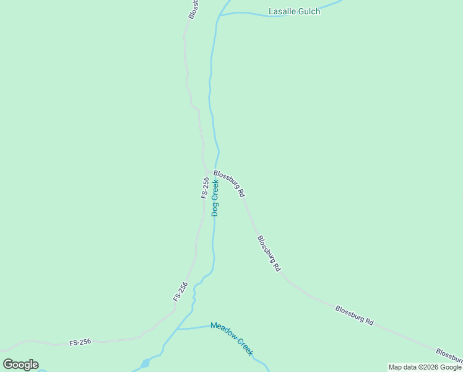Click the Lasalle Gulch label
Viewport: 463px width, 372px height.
(x=294, y=11)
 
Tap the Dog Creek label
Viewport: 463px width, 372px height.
(x=215, y=197)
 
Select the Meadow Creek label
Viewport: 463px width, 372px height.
(x=231, y=338)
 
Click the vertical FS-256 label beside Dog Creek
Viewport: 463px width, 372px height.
(x=205, y=187)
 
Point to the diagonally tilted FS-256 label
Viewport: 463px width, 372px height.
(x=180, y=291)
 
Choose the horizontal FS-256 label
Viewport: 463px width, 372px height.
(x=80, y=342)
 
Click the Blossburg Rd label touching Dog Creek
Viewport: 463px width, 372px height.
(x=229, y=184)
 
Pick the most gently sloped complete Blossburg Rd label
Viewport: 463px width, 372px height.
(x=355, y=315)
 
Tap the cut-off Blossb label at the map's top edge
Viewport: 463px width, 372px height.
(x=193, y=9)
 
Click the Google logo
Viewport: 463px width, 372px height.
(x=20, y=365)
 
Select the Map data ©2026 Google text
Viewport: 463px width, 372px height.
(x=425, y=367)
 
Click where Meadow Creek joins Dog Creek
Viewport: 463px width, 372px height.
(x=178, y=329)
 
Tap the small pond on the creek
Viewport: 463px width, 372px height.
(x=145, y=363)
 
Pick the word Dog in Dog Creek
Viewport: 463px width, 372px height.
(x=215, y=209)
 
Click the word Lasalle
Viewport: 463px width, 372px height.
(x=282, y=11)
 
